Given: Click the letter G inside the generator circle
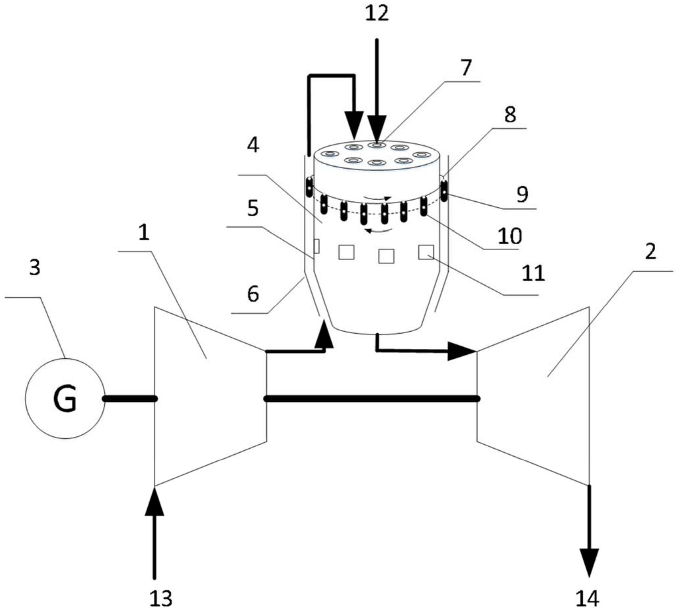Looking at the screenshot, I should [65, 398].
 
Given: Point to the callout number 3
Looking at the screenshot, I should [35, 267].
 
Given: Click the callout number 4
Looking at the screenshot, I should [253, 146].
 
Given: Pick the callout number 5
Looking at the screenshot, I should [253, 209].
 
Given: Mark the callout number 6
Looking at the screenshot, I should [253, 294].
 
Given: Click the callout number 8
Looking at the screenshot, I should [510, 115].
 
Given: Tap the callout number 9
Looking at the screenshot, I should [522, 194].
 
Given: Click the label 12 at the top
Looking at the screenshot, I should [377, 14].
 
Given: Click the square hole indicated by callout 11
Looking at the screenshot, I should [426, 252].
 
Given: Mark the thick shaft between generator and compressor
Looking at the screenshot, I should [130, 398].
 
